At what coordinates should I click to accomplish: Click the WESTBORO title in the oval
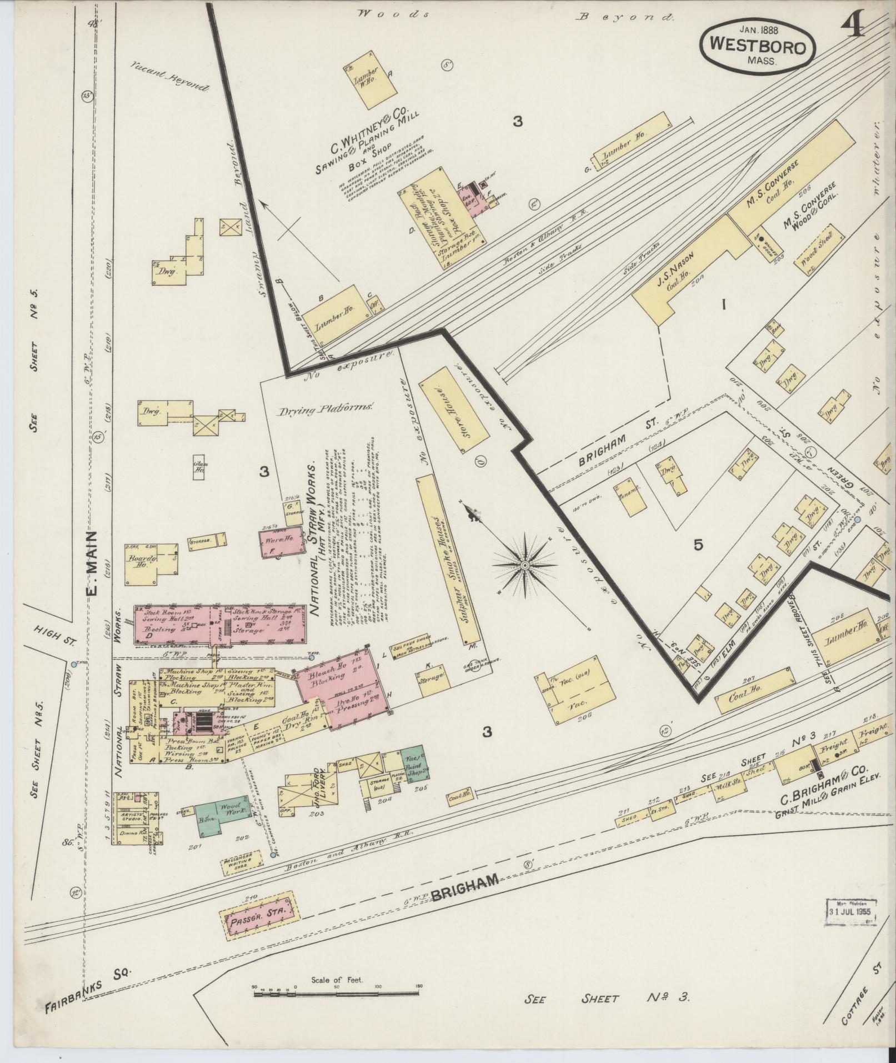click(757, 46)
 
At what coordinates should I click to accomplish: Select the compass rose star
click(524, 565)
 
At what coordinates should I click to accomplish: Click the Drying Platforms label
click(325, 410)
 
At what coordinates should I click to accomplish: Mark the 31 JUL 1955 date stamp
click(850, 911)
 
